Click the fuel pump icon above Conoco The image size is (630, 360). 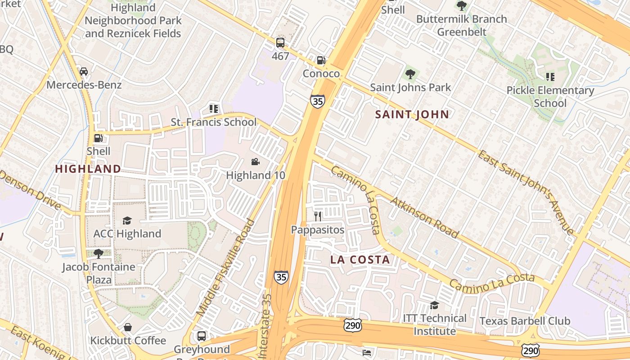click(x=321, y=60)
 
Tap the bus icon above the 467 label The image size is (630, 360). click(x=280, y=43)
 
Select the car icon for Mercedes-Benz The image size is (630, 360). click(x=84, y=71)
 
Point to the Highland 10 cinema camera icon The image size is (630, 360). click(x=255, y=162)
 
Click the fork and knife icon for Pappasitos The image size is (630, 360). click(x=318, y=216)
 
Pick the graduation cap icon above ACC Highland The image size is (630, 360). click(x=127, y=220)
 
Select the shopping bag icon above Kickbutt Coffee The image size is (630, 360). click(x=128, y=327)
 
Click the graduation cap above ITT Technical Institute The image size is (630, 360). click(x=434, y=305)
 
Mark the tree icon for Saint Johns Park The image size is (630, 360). click(x=410, y=74)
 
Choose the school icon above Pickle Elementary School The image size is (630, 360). click(x=550, y=77)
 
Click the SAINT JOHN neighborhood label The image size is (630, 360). click(x=412, y=114)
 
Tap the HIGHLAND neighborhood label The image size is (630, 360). click(x=88, y=169)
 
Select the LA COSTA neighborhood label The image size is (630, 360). click(x=360, y=260)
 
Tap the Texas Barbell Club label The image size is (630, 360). click(x=525, y=321)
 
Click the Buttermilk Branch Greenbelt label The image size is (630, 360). click(x=462, y=25)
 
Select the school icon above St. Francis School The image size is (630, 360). click(x=213, y=108)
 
